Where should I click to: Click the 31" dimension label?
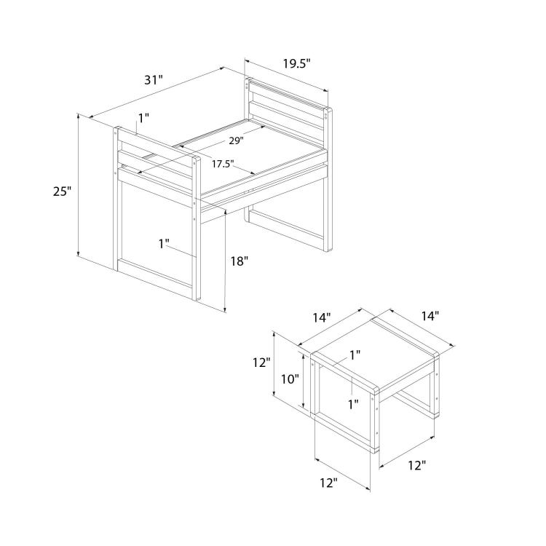pos(154,80)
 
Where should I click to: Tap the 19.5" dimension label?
pos(296,64)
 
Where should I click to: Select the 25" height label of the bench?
pos(63,191)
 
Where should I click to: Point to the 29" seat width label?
pos(236,141)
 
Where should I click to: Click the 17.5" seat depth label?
pos(223,164)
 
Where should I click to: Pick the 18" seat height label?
pos(240,261)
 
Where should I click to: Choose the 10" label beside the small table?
pos(290,379)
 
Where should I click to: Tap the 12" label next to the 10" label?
pos(262,363)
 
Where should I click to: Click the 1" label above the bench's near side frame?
pos(143,119)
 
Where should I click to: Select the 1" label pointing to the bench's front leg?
pos(164,244)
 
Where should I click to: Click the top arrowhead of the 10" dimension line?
pos(304,355)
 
